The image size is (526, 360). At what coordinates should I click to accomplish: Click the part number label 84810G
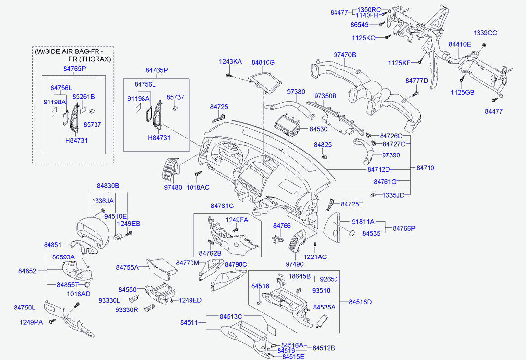click(x=263, y=62)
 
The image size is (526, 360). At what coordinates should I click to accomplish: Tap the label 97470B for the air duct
click(x=345, y=55)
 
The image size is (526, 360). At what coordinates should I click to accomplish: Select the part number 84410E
click(x=460, y=44)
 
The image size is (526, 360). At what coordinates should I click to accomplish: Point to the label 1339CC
click(x=485, y=33)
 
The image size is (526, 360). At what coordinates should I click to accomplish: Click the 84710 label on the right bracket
click(x=425, y=168)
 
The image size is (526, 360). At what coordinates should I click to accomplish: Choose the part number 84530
click(x=318, y=129)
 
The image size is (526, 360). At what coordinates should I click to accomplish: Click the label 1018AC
click(x=197, y=187)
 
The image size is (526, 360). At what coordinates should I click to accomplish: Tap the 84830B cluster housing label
click(x=108, y=186)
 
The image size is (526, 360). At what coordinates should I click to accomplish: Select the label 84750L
click(x=24, y=308)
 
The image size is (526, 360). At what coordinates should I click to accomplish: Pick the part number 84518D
click(x=360, y=302)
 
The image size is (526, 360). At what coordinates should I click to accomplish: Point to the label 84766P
click(x=404, y=228)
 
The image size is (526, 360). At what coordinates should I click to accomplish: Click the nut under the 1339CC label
click(x=484, y=45)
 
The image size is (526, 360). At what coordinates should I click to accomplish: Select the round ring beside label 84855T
click(x=87, y=284)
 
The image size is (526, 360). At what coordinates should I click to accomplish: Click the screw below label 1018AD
click(x=78, y=305)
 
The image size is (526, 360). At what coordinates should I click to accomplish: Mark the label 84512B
click(x=324, y=348)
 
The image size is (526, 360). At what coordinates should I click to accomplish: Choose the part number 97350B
click(x=326, y=96)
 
